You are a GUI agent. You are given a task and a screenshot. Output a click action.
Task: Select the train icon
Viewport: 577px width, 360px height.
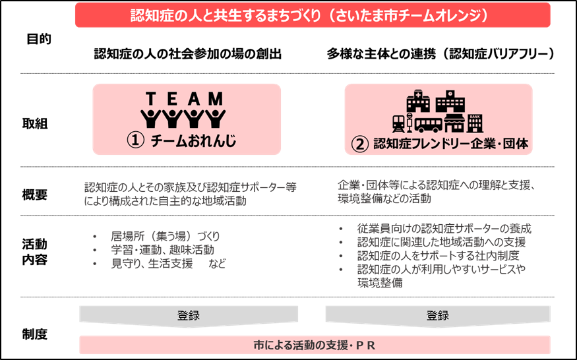[398, 123]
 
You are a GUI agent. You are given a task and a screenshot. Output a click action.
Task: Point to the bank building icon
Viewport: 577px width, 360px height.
[475, 123]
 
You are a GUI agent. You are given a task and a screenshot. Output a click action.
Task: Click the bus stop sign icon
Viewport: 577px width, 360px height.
[410, 123]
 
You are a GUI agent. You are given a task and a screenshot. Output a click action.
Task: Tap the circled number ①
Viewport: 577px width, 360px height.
[135, 142]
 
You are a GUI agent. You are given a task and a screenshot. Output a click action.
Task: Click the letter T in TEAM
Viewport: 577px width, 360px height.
[150, 99]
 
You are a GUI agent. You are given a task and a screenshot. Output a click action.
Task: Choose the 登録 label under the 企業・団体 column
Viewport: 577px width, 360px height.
[437, 316]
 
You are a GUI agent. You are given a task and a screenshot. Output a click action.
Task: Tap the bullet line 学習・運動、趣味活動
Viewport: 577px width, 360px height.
[162, 250]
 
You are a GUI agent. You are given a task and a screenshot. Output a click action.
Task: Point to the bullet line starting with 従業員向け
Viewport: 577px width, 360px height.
[443, 229]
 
